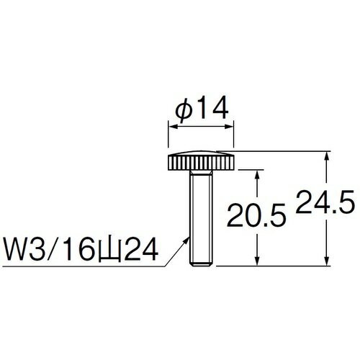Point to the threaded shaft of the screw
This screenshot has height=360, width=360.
click(x=202, y=216)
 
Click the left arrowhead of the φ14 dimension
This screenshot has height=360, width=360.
click(x=171, y=125)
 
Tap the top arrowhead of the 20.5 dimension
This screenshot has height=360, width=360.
click(x=256, y=174)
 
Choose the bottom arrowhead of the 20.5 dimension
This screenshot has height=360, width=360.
click(x=256, y=263)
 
